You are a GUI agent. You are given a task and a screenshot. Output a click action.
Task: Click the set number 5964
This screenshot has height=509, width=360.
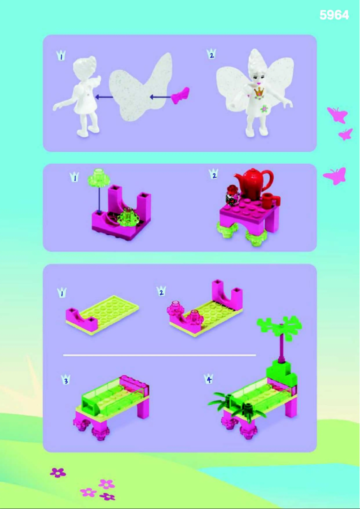[x=334, y=15]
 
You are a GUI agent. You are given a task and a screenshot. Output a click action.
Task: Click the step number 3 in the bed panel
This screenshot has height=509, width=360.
[x=66, y=381]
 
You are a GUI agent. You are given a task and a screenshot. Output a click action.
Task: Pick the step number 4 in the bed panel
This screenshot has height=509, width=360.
[x=208, y=380]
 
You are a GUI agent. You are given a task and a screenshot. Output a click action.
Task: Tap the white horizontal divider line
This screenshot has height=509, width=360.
[x=159, y=355]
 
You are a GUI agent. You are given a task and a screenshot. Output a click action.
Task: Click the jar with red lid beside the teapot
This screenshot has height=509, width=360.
[x=233, y=196]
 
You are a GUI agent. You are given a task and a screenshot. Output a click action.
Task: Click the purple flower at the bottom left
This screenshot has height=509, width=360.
[x=58, y=472]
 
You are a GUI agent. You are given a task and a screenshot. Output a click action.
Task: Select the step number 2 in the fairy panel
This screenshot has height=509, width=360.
[x=211, y=55]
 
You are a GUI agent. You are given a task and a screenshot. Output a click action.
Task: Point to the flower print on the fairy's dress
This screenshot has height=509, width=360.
[x=265, y=109]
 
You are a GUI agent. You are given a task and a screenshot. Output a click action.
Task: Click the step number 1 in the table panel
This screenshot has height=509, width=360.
[x=75, y=178]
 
